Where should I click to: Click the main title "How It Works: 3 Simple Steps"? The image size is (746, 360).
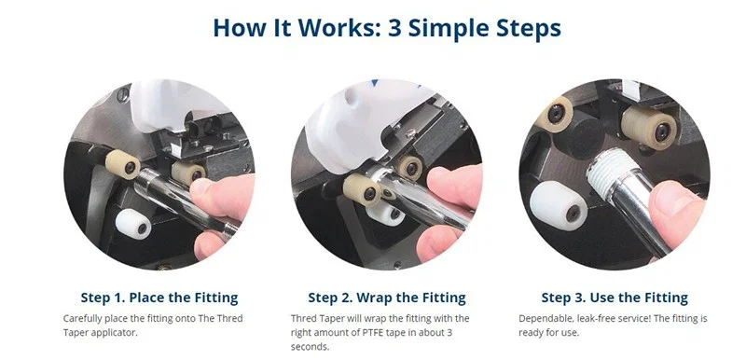(x=386, y=27)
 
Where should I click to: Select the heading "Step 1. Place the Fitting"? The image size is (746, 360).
(x=159, y=298)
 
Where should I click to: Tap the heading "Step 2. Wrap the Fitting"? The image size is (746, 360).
(x=387, y=298)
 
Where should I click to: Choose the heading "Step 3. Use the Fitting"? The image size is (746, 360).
(x=615, y=298)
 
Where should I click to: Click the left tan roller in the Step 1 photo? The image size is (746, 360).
(x=123, y=167)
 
